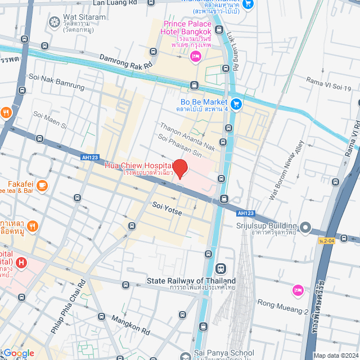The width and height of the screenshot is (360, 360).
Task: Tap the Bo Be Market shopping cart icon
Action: [x=236, y=103]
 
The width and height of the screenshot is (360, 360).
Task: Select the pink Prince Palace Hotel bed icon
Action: [x=196, y=55]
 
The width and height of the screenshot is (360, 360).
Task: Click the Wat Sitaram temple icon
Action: [x=54, y=22]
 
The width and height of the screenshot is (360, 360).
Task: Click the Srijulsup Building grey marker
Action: [x=305, y=227]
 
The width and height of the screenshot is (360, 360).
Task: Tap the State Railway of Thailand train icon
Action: [x=220, y=268]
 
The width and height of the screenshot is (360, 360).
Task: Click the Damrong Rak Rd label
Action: [x=126, y=62]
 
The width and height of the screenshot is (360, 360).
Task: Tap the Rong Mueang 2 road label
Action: [x=290, y=311]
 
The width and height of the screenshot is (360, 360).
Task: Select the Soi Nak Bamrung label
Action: [x=56, y=82]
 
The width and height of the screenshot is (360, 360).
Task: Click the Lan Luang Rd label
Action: [x=114, y=3]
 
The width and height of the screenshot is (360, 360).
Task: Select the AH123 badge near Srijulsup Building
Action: [x=245, y=213]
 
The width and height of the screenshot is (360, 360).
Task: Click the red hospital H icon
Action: [x=21, y=262]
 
